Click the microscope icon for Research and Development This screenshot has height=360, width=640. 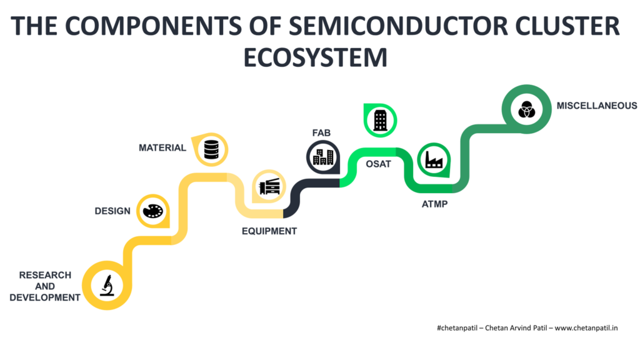coord(107,285)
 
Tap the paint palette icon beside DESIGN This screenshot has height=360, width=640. coord(153,211)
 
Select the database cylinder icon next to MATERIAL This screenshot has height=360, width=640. coord(211,149)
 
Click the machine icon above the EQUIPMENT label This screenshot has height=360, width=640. coord(269,186)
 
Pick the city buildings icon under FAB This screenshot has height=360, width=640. coord(323,157)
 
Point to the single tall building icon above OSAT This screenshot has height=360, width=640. coord(380,120)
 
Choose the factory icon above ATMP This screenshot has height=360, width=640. coord(434,159)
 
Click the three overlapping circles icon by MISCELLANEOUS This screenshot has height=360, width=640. coord(526,109)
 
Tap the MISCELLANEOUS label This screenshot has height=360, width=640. coord(597,106)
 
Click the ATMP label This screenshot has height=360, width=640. coord(435,204)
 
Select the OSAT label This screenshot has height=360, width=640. coord(378,164)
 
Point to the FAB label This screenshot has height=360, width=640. coord(321,133)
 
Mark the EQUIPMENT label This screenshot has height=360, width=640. coord(269,231)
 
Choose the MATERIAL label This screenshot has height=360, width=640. coord(162,147)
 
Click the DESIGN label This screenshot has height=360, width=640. coord(112,211)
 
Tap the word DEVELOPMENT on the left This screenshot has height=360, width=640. coord(45,297)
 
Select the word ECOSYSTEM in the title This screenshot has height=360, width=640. coord(316,57)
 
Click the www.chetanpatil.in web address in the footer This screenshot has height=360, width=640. coord(586,328)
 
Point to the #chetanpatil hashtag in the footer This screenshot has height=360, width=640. coord(457,328)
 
